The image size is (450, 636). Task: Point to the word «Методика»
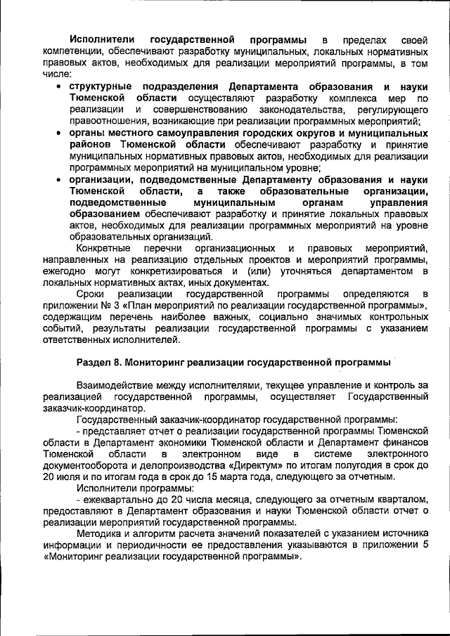point(99,532)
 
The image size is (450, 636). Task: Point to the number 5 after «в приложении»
point(427,543)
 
